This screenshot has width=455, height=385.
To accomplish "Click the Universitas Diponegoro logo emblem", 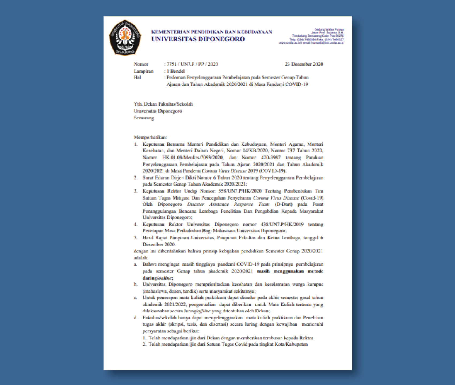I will pyautogui.click(x=125, y=38).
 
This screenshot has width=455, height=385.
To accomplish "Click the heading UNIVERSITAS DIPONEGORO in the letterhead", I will pyautogui.click(x=198, y=39).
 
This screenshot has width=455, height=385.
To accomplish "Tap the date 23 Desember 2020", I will pyautogui.click(x=304, y=64).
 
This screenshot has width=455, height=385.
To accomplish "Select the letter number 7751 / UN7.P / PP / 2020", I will pyautogui.click(x=192, y=64).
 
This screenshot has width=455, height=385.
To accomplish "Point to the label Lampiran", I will pyautogui.click(x=144, y=71).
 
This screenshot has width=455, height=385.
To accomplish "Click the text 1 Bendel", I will pyautogui.click(x=176, y=71).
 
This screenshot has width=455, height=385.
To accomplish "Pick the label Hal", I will pyautogui.click(x=137, y=77).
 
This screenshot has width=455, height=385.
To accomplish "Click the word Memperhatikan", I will pyautogui.click(x=150, y=137).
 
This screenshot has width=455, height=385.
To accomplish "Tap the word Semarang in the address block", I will pyautogui.click(x=144, y=118).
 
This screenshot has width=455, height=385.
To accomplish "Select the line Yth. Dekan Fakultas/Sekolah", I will pyautogui.click(x=163, y=104).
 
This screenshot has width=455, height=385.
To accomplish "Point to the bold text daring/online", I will pyautogui.click(x=158, y=278).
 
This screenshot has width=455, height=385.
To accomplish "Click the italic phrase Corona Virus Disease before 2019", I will pyautogui.click(x=224, y=171).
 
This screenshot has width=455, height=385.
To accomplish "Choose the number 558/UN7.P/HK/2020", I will pyautogui.click(x=240, y=191).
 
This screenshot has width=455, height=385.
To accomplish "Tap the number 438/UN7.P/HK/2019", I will pyautogui.click(x=282, y=224).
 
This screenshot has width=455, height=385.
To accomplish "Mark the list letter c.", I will pyautogui.click(x=136, y=298).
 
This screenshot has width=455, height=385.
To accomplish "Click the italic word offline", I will pyautogui.click(x=204, y=311).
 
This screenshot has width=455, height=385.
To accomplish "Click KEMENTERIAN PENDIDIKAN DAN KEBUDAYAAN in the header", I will pyautogui.click(x=211, y=32).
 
